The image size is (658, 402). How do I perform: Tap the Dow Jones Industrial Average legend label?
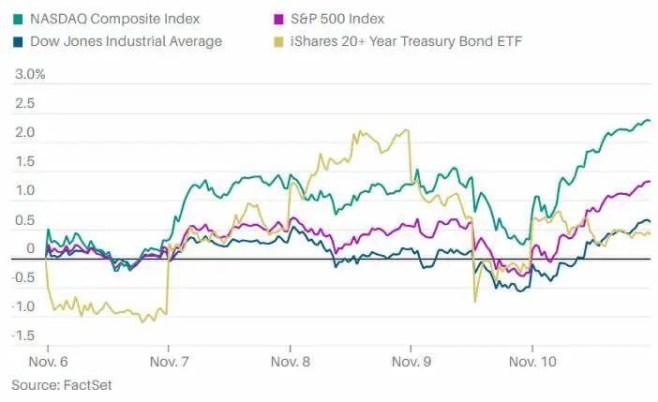[126, 40]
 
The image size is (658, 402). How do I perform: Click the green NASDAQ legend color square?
[17, 19]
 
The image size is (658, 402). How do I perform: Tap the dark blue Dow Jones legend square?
[17, 40]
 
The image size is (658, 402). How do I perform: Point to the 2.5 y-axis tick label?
[24, 103]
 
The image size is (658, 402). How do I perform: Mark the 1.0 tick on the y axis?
[24, 190]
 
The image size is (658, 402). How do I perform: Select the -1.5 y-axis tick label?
[22, 335]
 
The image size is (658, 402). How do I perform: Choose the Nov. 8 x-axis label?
[290, 361]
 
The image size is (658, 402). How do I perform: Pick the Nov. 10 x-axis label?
[532, 361]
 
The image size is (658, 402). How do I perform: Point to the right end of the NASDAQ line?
[650, 120]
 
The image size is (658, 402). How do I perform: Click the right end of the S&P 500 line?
[650, 182]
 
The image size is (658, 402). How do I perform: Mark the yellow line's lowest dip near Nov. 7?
[143, 322]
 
